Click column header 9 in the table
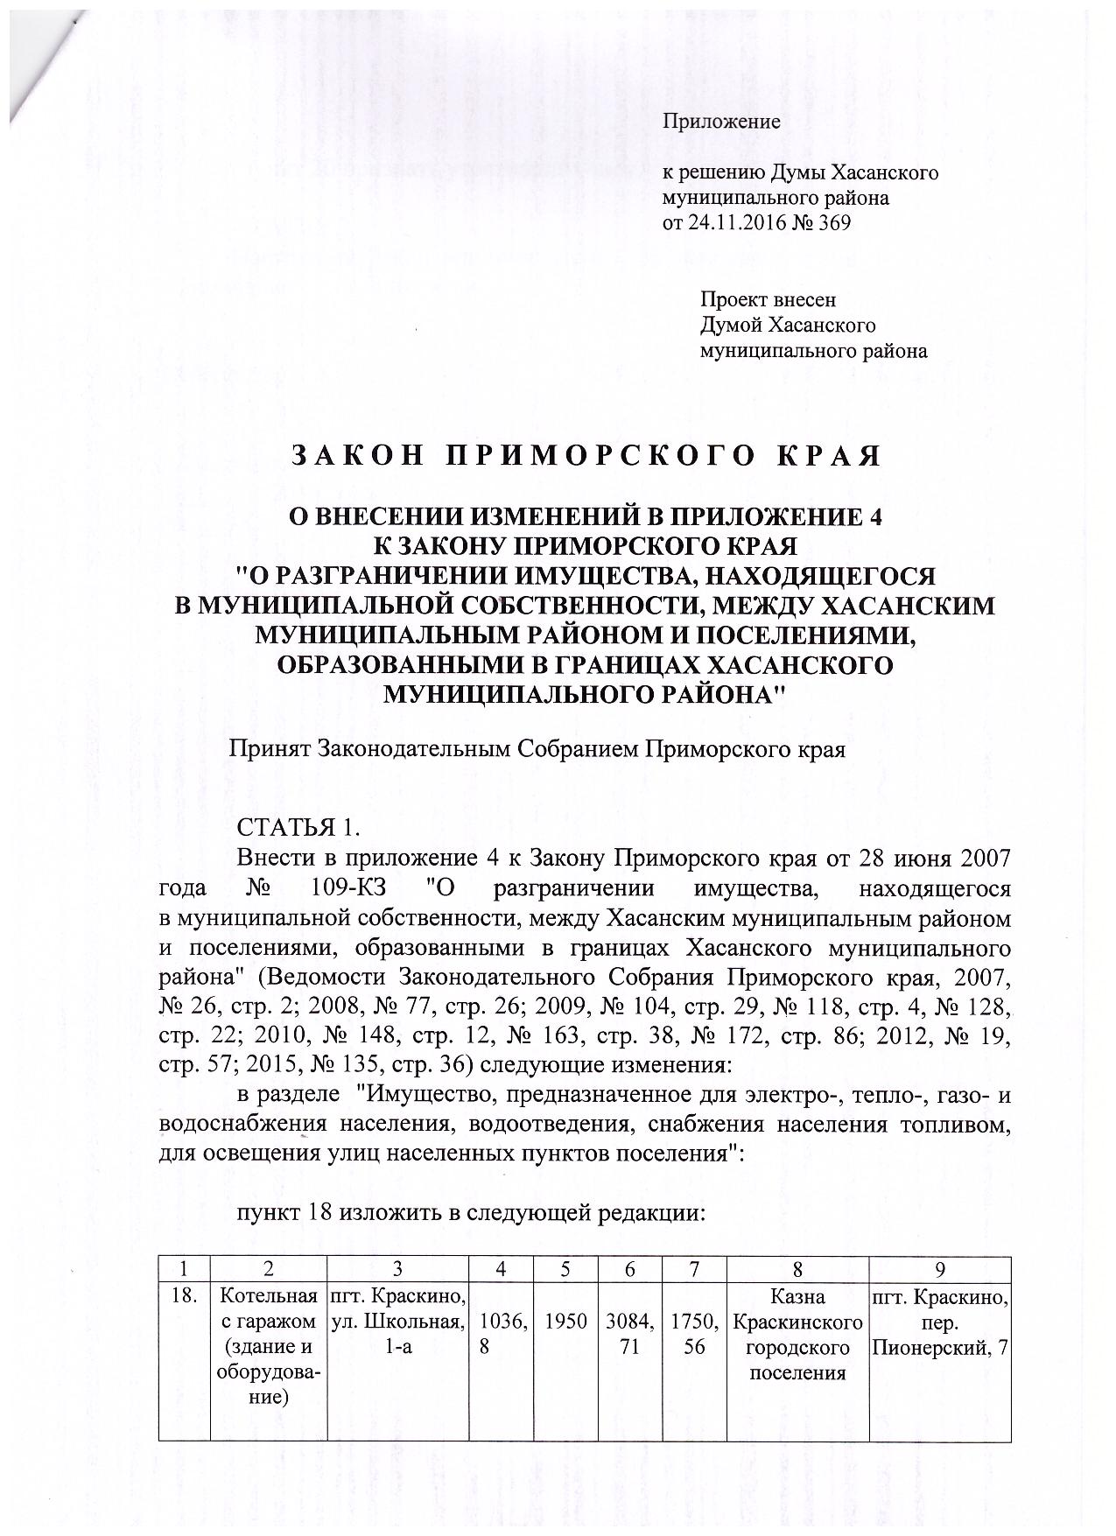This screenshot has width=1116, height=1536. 940,1268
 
